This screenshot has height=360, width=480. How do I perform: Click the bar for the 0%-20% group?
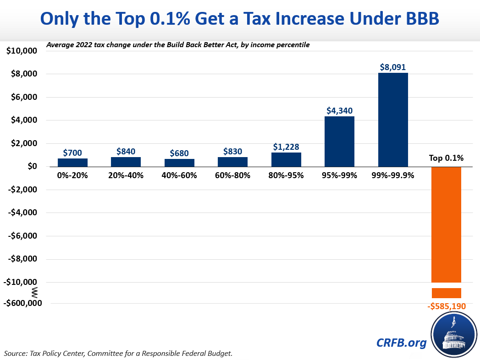[x=72, y=162]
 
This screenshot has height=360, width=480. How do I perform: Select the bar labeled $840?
[x=126, y=161]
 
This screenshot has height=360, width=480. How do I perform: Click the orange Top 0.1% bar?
[x=446, y=224]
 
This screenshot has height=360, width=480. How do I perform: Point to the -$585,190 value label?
[x=447, y=306]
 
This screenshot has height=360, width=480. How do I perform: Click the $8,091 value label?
[x=393, y=67]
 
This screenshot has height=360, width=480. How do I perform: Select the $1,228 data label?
[x=286, y=147]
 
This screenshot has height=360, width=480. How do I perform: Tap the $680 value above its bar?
[x=179, y=153]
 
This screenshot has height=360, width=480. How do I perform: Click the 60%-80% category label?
[x=232, y=175]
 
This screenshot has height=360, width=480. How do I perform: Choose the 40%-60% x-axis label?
[x=179, y=175]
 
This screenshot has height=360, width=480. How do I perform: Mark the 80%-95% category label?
[x=286, y=175]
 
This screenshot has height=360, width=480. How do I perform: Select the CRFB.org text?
[x=401, y=342]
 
